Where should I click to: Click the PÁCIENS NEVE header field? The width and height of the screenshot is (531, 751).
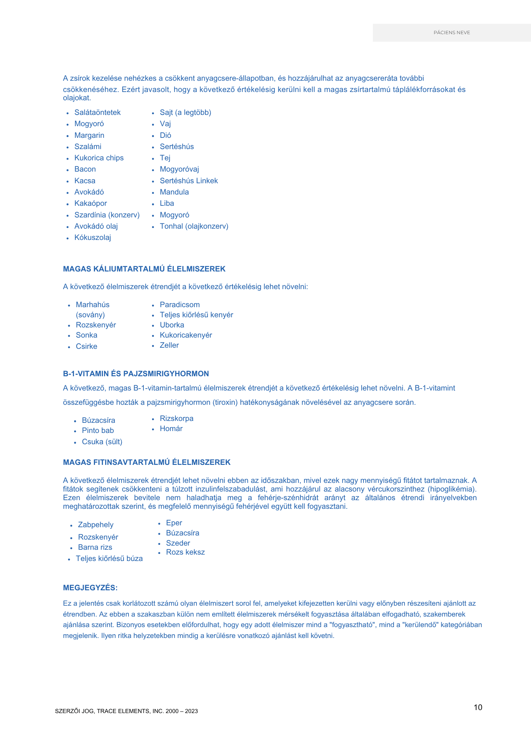(x=451, y=33)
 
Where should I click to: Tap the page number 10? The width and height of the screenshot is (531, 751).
(x=478, y=707)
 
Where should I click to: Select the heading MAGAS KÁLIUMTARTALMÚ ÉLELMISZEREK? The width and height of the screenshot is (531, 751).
(x=144, y=269)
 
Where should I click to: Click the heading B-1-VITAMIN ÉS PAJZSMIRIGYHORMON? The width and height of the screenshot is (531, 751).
(x=136, y=374)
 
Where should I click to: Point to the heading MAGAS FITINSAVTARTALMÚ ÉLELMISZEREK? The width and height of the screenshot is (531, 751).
(x=147, y=462)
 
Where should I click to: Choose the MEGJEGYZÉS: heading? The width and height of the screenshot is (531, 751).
(x=90, y=588)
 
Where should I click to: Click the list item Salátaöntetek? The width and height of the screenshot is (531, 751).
(x=97, y=112)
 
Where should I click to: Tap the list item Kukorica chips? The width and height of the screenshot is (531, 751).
(x=99, y=158)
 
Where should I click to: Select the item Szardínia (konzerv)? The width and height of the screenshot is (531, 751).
(x=107, y=215)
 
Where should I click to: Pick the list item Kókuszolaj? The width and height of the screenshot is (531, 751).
(x=92, y=237)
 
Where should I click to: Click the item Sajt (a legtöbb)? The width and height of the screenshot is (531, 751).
(x=185, y=112)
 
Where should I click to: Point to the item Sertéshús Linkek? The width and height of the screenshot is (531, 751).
(x=189, y=181)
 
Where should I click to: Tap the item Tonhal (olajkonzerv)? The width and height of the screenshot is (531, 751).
(x=194, y=226)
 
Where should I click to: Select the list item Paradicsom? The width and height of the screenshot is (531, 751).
(x=180, y=305)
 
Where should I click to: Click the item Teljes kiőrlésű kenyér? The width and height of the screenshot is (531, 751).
(x=196, y=315)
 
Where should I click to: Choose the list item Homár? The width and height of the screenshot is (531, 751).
(x=171, y=428)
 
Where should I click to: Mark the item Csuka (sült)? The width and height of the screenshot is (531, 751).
(x=102, y=442)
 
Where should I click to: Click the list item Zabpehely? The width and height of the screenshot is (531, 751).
(x=95, y=525)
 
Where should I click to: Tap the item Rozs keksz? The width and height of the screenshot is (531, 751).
(x=185, y=552)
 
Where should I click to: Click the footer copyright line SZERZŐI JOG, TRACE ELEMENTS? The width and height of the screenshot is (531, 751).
(x=126, y=711)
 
